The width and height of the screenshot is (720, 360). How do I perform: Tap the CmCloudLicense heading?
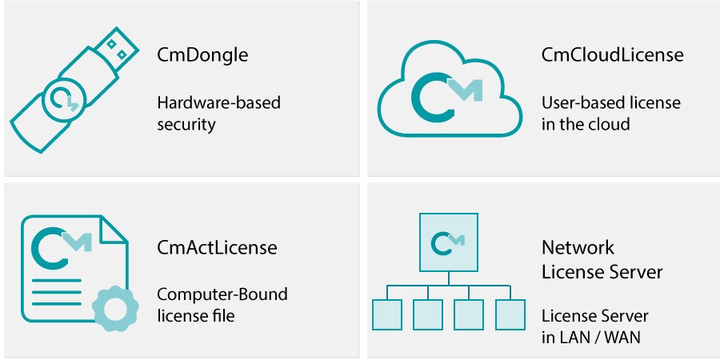pos(612,55)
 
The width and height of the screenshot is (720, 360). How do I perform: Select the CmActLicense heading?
pos(217,247)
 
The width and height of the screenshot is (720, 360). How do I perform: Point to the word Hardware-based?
pos(218,103)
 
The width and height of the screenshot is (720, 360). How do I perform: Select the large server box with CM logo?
pos(449,241)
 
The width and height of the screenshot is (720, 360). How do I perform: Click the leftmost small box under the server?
pos(386,314)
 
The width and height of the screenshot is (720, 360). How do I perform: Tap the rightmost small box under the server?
pos(509,314)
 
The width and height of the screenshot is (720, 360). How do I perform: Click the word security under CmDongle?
pos(187,124)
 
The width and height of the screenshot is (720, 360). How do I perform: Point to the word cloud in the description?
pos(609,124)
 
